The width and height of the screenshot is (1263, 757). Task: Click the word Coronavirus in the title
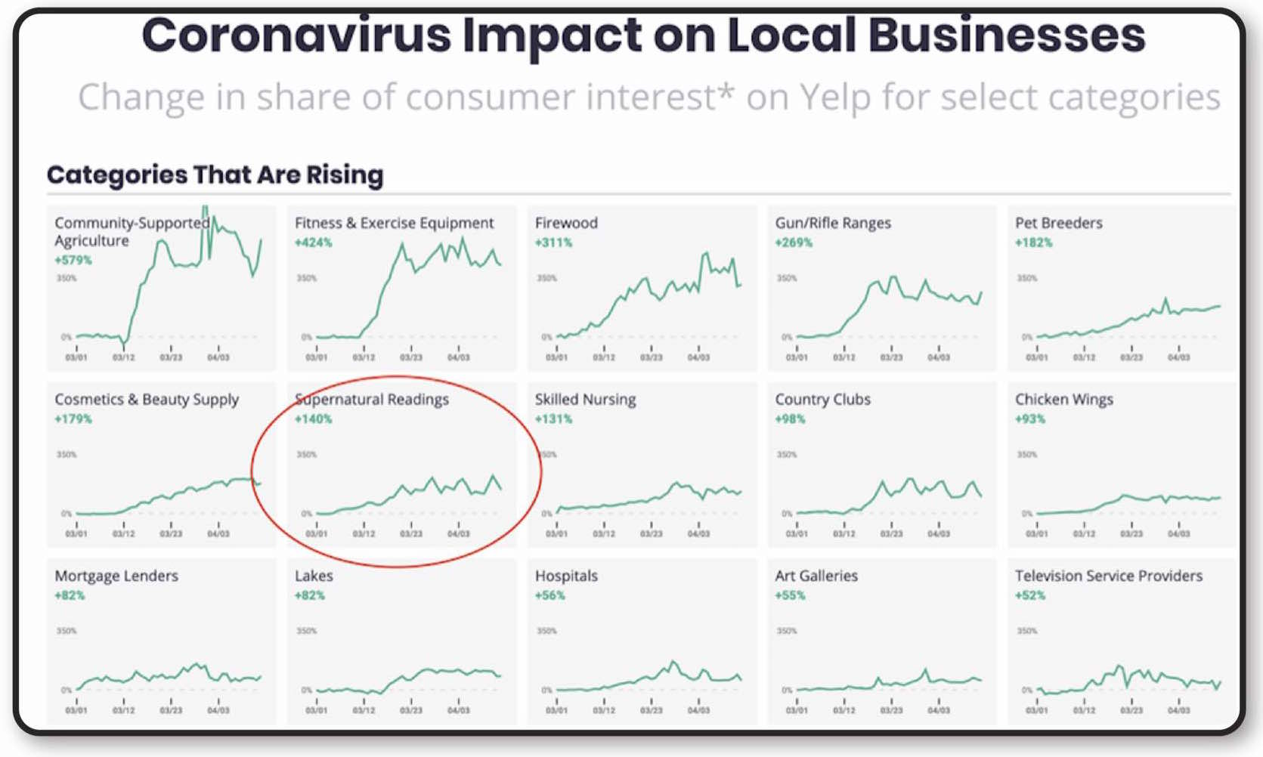(x=296, y=36)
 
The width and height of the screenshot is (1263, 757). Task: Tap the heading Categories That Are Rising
(x=215, y=175)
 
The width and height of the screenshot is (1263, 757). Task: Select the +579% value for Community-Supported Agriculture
(x=73, y=260)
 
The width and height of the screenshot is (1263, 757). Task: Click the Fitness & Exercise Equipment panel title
(x=394, y=223)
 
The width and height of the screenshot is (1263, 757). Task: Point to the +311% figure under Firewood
(x=553, y=243)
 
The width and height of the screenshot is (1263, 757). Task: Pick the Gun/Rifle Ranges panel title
(x=832, y=223)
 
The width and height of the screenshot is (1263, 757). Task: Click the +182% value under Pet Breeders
(x=1033, y=243)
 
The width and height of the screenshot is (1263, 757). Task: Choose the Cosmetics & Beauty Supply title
(x=147, y=399)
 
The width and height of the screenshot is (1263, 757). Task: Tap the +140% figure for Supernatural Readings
(x=313, y=419)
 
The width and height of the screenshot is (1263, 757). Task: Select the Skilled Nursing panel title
(x=585, y=399)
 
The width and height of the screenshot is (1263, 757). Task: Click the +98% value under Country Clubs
(x=790, y=419)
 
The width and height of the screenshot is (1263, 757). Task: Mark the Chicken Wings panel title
(x=1063, y=399)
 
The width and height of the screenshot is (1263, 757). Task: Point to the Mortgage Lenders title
(x=116, y=576)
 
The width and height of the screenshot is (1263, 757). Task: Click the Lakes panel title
(x=314, y=576)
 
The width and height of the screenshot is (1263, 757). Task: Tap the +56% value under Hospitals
(x=549, y=595)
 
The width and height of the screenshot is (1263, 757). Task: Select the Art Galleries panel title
(x=816, y=576)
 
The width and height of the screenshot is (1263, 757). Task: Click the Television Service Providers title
(x=1108, y=576)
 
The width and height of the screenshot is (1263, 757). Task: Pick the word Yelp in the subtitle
(x=834, y=97)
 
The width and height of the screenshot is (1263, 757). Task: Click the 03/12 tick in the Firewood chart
(x=604, y=357)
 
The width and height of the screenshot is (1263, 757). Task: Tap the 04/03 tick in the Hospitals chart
(x=698, y=710)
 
